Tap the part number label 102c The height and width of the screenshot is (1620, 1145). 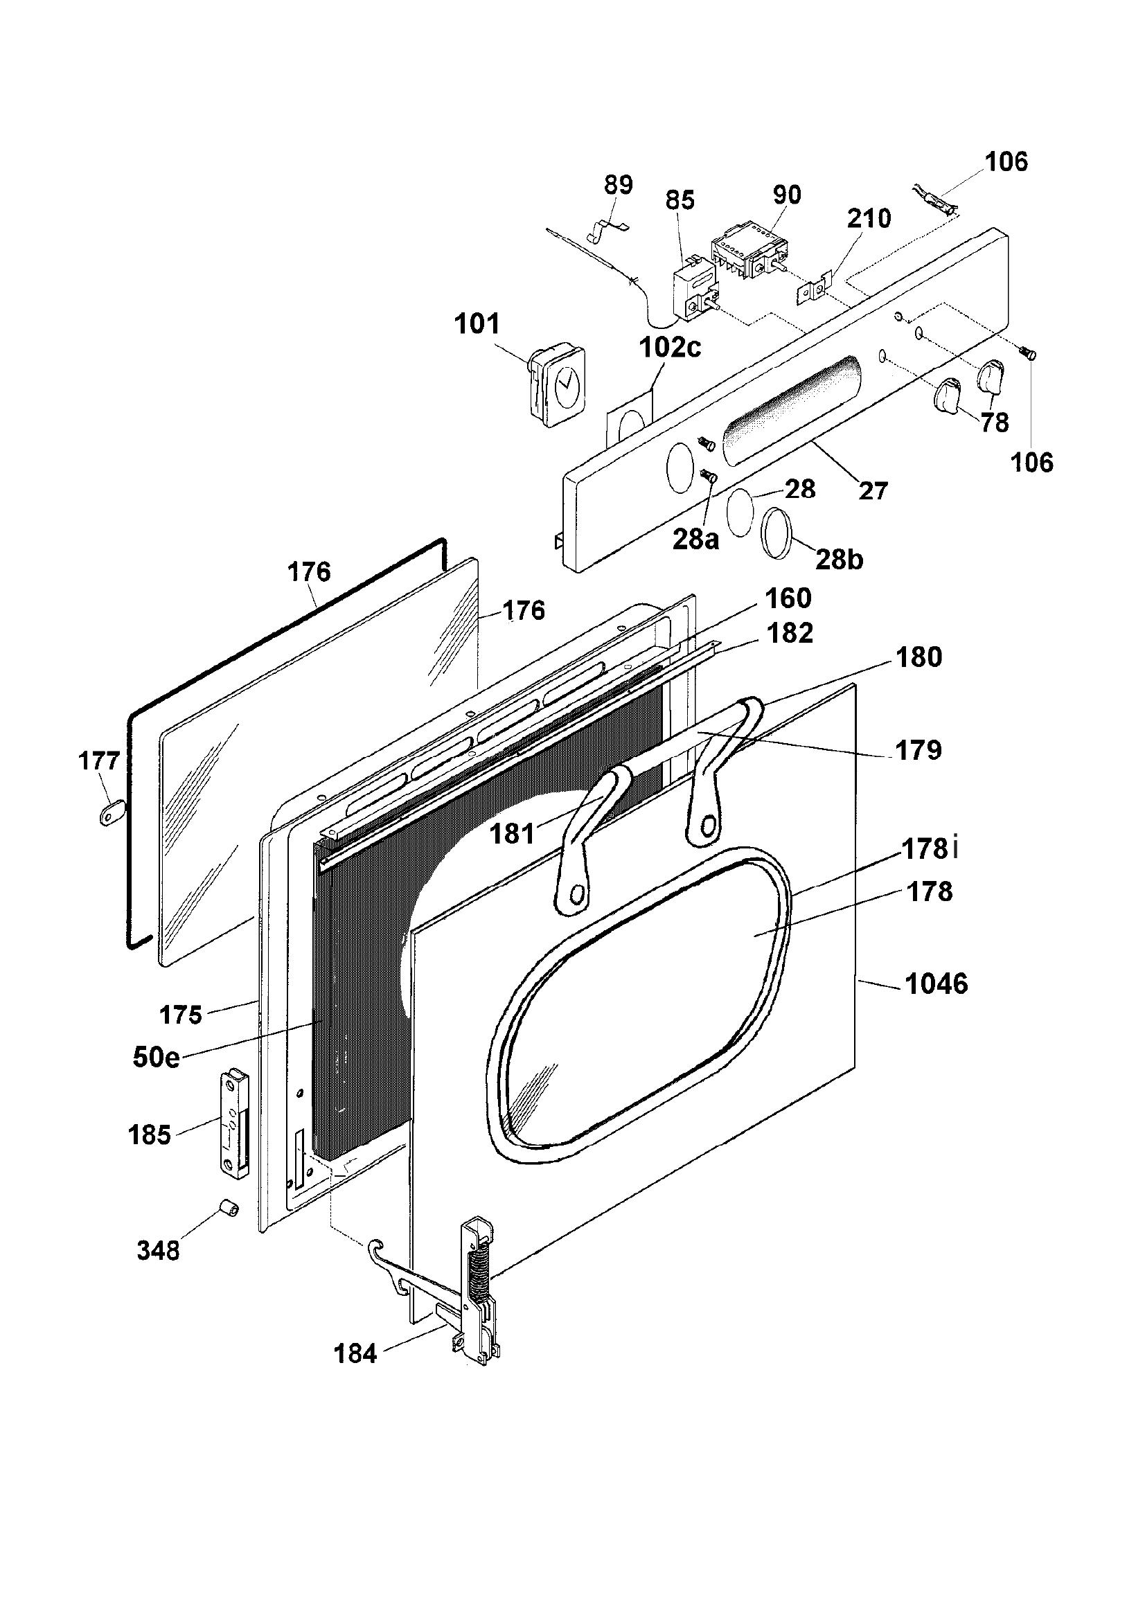671,348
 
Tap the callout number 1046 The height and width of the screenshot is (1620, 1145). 937,983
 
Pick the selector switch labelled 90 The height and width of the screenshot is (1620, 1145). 750,254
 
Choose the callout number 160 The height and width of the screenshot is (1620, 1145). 788,598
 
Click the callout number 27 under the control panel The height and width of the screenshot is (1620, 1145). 873,490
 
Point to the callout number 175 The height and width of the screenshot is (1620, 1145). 181,1015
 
